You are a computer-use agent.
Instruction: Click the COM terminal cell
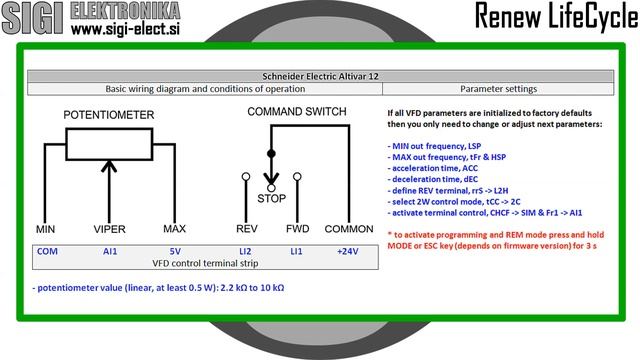[x=47, y=251]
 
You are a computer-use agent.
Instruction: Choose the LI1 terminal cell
[x=296, y=251]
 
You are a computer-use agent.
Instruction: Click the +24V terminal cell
[x=347, y=251]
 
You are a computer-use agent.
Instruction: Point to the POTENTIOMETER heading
[x=109, y=115]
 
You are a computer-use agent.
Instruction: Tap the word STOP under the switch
[x=271, y=198]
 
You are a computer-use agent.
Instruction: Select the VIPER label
[x=109, y=229]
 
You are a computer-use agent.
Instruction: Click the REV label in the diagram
[x=246, y=229]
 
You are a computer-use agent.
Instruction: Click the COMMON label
[x=350, y=229]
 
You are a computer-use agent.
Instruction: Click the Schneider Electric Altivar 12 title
[x=319, y=76]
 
